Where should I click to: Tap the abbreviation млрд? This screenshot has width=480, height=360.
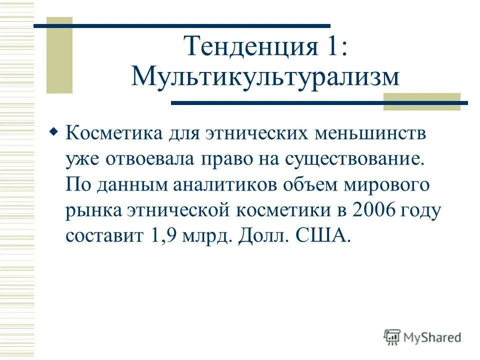(209, 235)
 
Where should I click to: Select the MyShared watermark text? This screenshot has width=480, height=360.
(433, 337)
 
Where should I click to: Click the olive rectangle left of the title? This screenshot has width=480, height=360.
(59, 55)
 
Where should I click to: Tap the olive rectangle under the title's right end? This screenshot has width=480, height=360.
(421, 101)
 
